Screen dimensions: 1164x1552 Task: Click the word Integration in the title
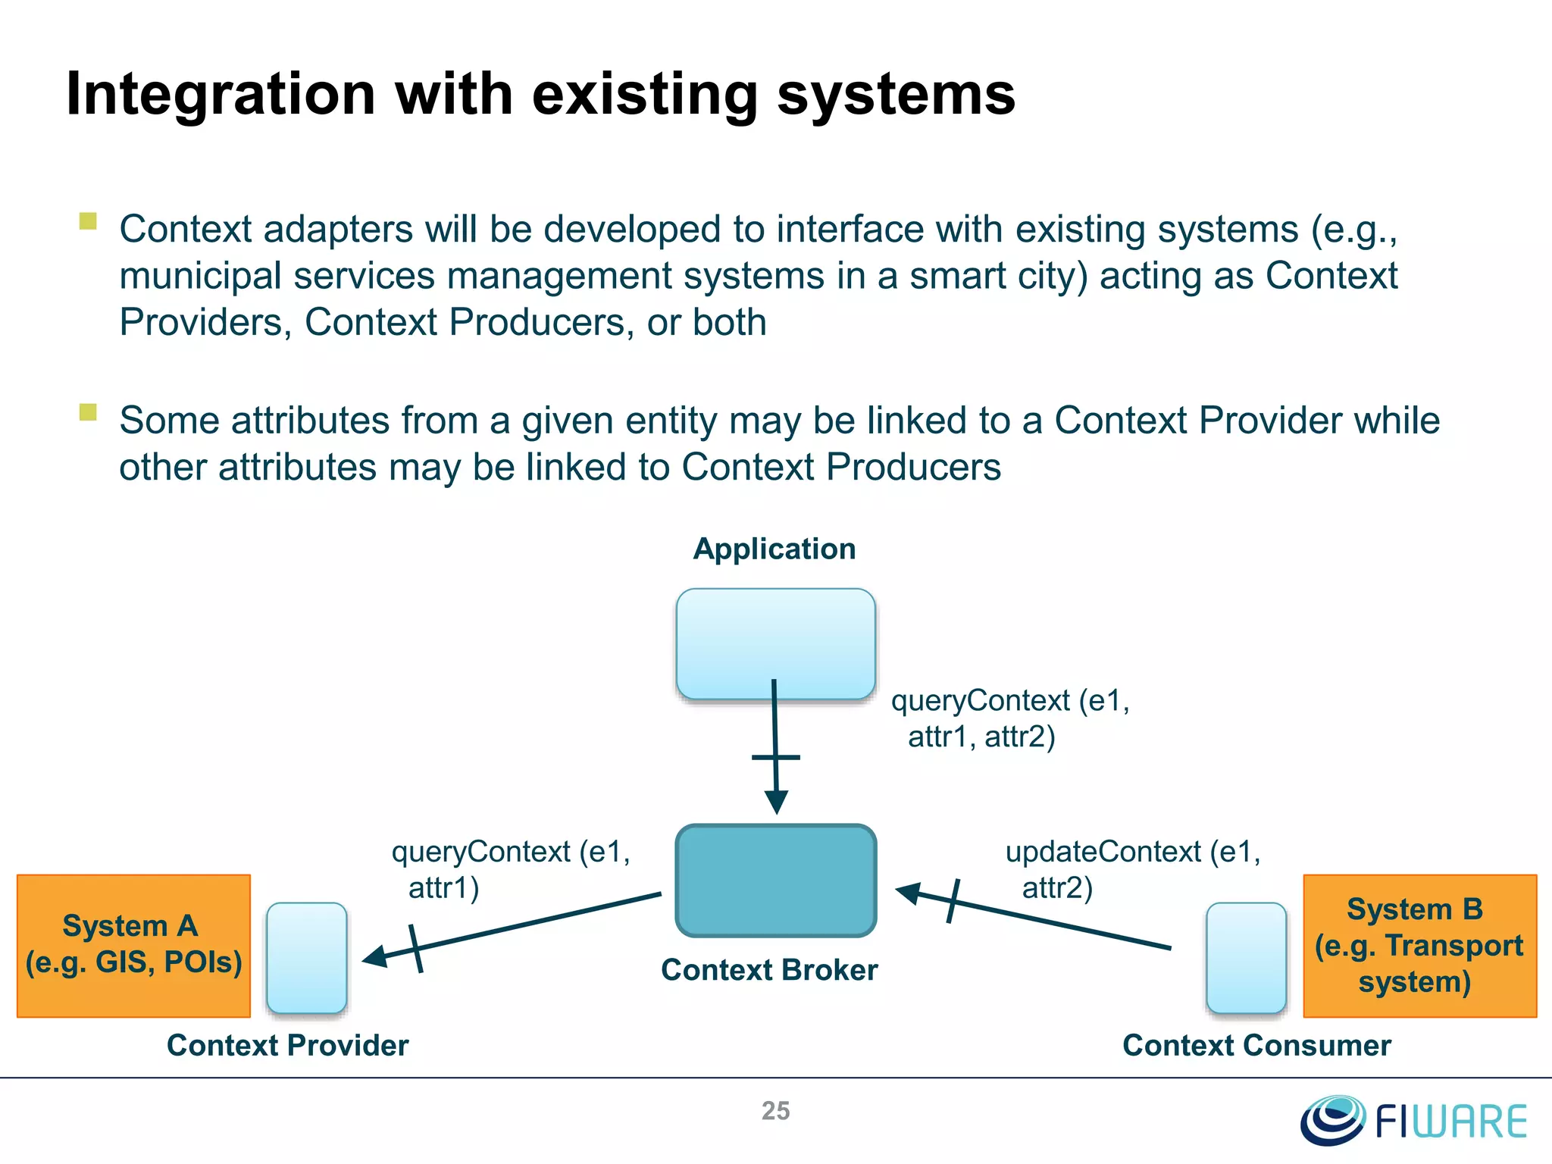pyautogui.click(x=221, y=94)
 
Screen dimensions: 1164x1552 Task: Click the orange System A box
pyautogui.click(x=133, y=945)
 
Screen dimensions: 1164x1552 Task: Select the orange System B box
pyautogui.click(x=1419, y=945)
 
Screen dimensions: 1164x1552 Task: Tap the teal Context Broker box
pyautogui.click(x=776, y=881)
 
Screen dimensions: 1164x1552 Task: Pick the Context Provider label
pyautogui.click(x=287, y=1045)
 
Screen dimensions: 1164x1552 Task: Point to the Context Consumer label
pyautogui.click(x=1256, y=1045)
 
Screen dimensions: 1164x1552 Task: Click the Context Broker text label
pyautogui.click(x=769, y=970)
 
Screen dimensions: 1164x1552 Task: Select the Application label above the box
pyautogui.click(x=774, y=549)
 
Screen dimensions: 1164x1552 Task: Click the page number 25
pyautogui.click(x=775, y=1111)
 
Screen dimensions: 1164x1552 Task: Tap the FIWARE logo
pyautogui.click(x=1414, y=1120)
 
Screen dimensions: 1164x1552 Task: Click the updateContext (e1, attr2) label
pyautogui.click(x=1132, y=869)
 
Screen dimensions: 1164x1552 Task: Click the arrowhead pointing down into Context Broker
pyautogui.click(x=777, y=802)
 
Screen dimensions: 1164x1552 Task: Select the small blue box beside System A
pyautogui.click(x=307, y=957)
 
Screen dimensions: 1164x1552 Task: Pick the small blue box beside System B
pyautogui.click(x=1246, y=957)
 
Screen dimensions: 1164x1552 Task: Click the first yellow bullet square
pyautogui.click(x=88, y=221)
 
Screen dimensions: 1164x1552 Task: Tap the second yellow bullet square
pyautogui.click(x=88, y=412)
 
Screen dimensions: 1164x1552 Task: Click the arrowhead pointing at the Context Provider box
pyautogui.click(x=374, y=957)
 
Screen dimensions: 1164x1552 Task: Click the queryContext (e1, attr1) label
pyautogui.click(x=511, y=869)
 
